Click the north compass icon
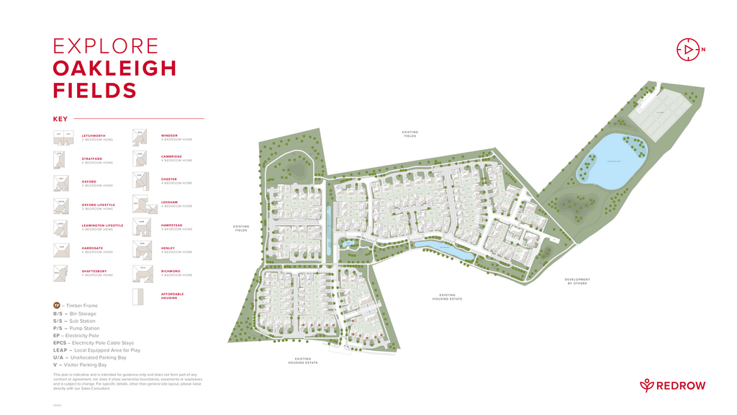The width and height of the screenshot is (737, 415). pyautogui.click(x=688, y=49)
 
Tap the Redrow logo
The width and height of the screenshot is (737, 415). pyautogui.click(x=673, y=385)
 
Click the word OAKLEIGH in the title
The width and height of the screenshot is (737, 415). pyautogui.click(x=114, y=68)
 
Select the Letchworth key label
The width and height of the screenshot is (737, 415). pyautogui.click(x=94, y=135)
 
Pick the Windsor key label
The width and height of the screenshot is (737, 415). pyautogui.click(x=169, y=135)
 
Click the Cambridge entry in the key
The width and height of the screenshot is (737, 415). pyautogui.click(x=171, y=156)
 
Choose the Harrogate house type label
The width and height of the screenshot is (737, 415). pyautogui.click(x=92, y=248)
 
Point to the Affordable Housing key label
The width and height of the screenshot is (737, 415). pyautogui.click(x=172, y=295)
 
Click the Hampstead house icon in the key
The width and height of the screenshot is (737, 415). pyautogui.click(x=142, y=226)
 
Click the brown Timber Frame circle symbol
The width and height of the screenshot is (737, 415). pyautogui.click(x=57, y=305)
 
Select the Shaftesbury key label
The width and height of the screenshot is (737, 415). pyautogui.click(x=94, y=271)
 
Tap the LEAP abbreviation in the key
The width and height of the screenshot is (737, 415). pyautogui.click(x=60, y=350)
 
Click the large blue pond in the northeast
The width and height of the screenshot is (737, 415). pyautogui.click(x=612, y=159)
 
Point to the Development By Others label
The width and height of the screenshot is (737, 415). pyautogui.click(x=577, y=281)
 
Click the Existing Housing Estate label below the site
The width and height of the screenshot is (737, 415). pyautogui.click(x=303, y=360)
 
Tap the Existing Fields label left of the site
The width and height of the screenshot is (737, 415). pyautogui.click(x=241, y=228)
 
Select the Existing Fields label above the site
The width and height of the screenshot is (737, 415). pyautogui.click(x=410, y=133)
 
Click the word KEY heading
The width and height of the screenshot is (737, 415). pyautogui.click(x=60, y=119)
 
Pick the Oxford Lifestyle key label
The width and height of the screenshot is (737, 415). pyautogui.click(x=98, y=205)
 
